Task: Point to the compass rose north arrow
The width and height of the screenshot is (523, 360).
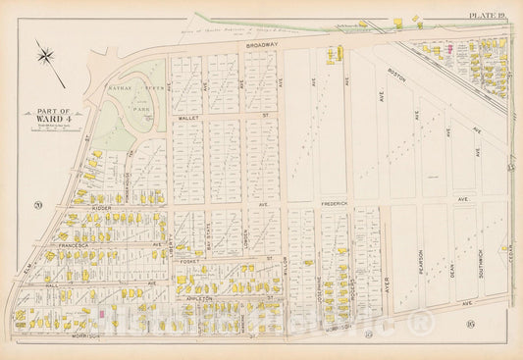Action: click(46, 55)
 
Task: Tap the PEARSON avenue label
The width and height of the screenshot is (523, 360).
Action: click(419, 267)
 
